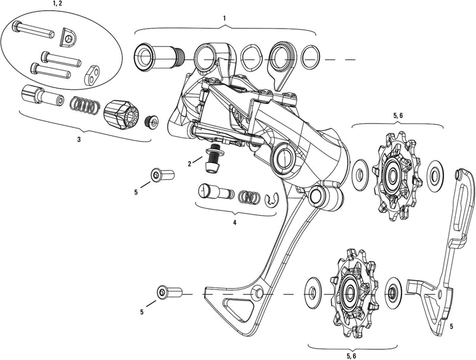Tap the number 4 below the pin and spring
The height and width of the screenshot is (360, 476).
234,222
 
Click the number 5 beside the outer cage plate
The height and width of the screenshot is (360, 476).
451,327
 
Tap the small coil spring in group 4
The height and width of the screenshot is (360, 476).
249,196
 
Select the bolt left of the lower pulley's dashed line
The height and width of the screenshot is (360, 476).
165,293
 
